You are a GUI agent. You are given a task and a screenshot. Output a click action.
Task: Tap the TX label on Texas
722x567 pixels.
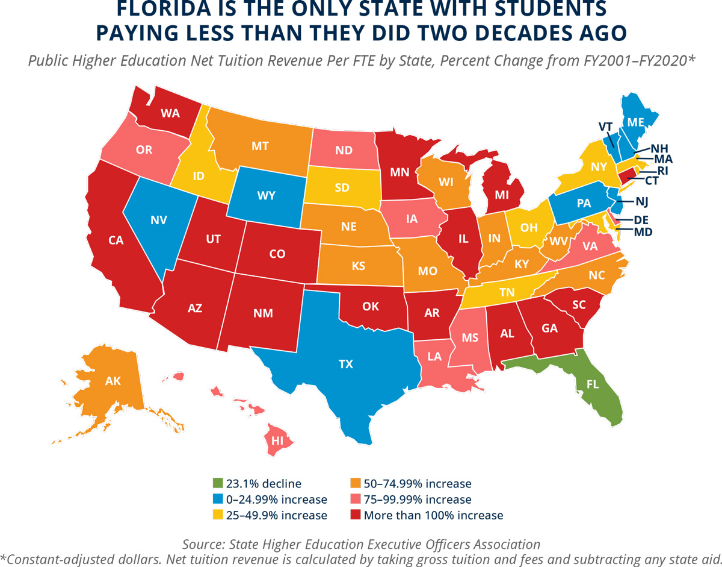(346, 364)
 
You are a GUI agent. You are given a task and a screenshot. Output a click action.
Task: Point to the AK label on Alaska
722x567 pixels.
(113, 381)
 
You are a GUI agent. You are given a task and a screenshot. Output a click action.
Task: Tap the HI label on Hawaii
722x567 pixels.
(277, 440)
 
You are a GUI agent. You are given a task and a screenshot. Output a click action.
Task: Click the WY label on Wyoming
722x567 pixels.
(266, 196)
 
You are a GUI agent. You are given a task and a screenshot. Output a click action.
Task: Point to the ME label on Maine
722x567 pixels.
(635, 122)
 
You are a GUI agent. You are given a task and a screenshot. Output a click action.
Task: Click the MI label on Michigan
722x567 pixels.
(503, 195)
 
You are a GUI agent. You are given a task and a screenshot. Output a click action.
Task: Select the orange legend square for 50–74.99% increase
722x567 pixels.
(356, 483)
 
